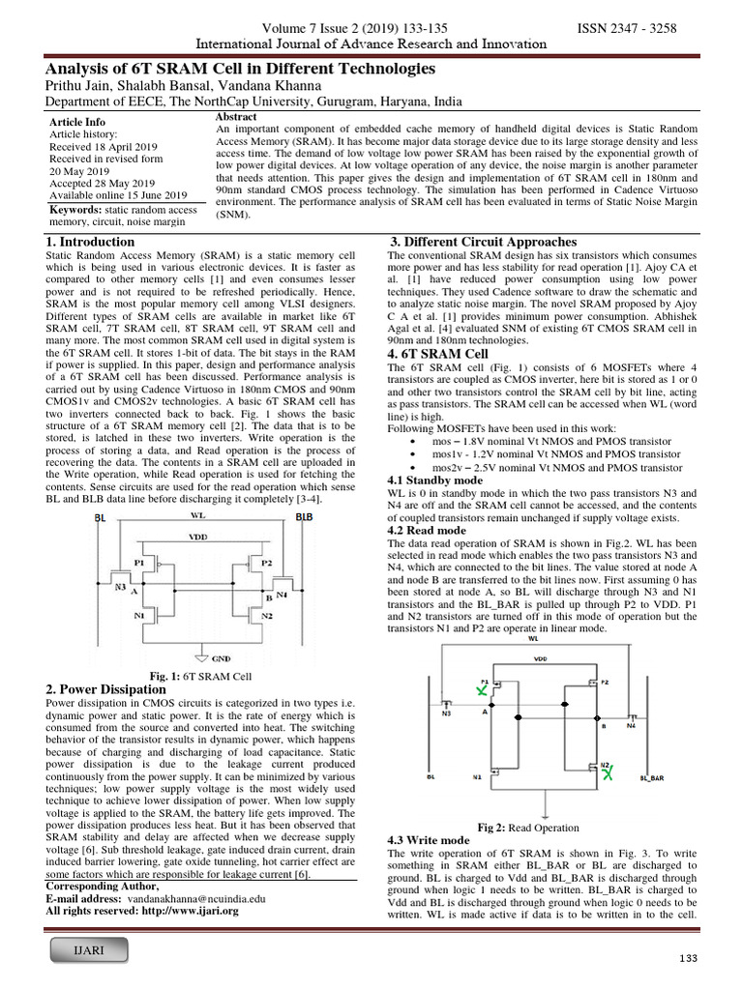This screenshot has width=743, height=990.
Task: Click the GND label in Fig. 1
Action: click(221, 657)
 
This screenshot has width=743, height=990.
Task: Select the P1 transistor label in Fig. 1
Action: click(139, 561)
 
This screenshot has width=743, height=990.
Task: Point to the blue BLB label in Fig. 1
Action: click(304, 517)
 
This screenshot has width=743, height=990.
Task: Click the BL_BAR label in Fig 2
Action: click(653, 775)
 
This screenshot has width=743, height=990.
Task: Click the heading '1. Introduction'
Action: click(91, 242)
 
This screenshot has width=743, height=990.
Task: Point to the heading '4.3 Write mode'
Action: click(429, 840)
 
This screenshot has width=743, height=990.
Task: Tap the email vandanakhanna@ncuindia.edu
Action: click(183, 898)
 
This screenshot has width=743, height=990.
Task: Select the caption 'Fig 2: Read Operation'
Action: click(528, 828)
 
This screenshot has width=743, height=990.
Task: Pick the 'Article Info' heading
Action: click(77, 123)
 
